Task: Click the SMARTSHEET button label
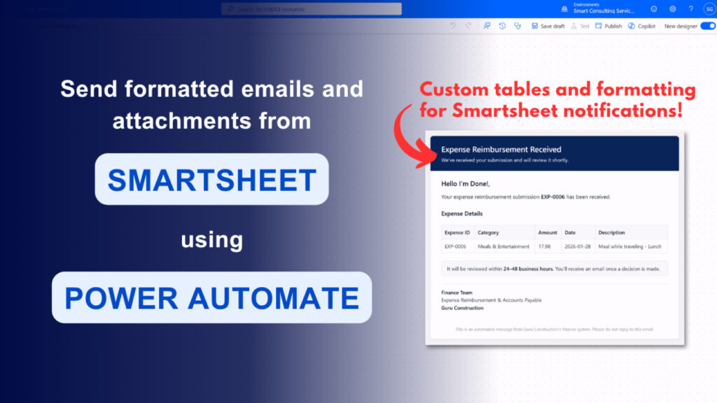click(x=211, y=180)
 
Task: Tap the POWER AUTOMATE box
click(x=211, y=298)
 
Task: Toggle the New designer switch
click(x=707, y=26)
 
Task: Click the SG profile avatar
click(x=709, y=9)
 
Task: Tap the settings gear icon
click(x=673, y=9)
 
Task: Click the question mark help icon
click(x=690, y=9)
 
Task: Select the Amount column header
click(x=548, y=232)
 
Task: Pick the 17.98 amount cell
click(x=544, y=246)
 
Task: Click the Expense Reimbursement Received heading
click(x=501, y=149)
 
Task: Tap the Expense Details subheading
click(x=461, y=213)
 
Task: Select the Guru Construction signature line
click(x=462, y=308)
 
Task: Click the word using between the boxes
click(x=211, y=240)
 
